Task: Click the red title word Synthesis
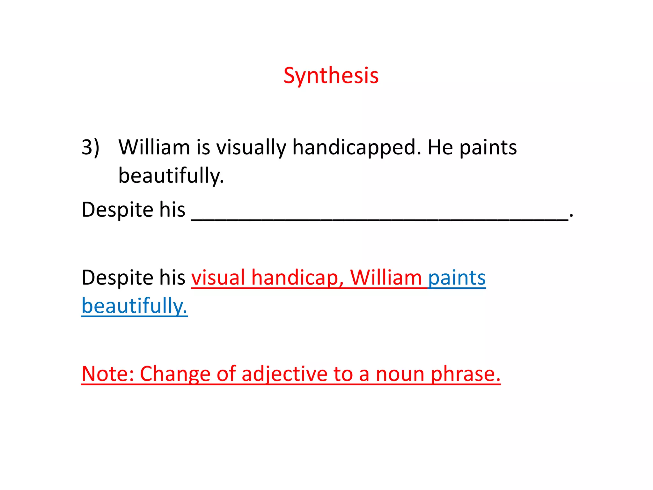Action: coord(331,76)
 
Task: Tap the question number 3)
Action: coord(90,147)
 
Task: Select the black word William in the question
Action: coord(154,147)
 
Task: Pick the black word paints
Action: coord(488,148)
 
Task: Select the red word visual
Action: coord(218,277)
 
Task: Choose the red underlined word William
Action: coord(386,277)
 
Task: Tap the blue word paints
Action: coord(457,278)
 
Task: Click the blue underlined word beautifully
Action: coord(134,306)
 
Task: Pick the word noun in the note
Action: coord(400,374)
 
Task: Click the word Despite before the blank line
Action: coord(116,210)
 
